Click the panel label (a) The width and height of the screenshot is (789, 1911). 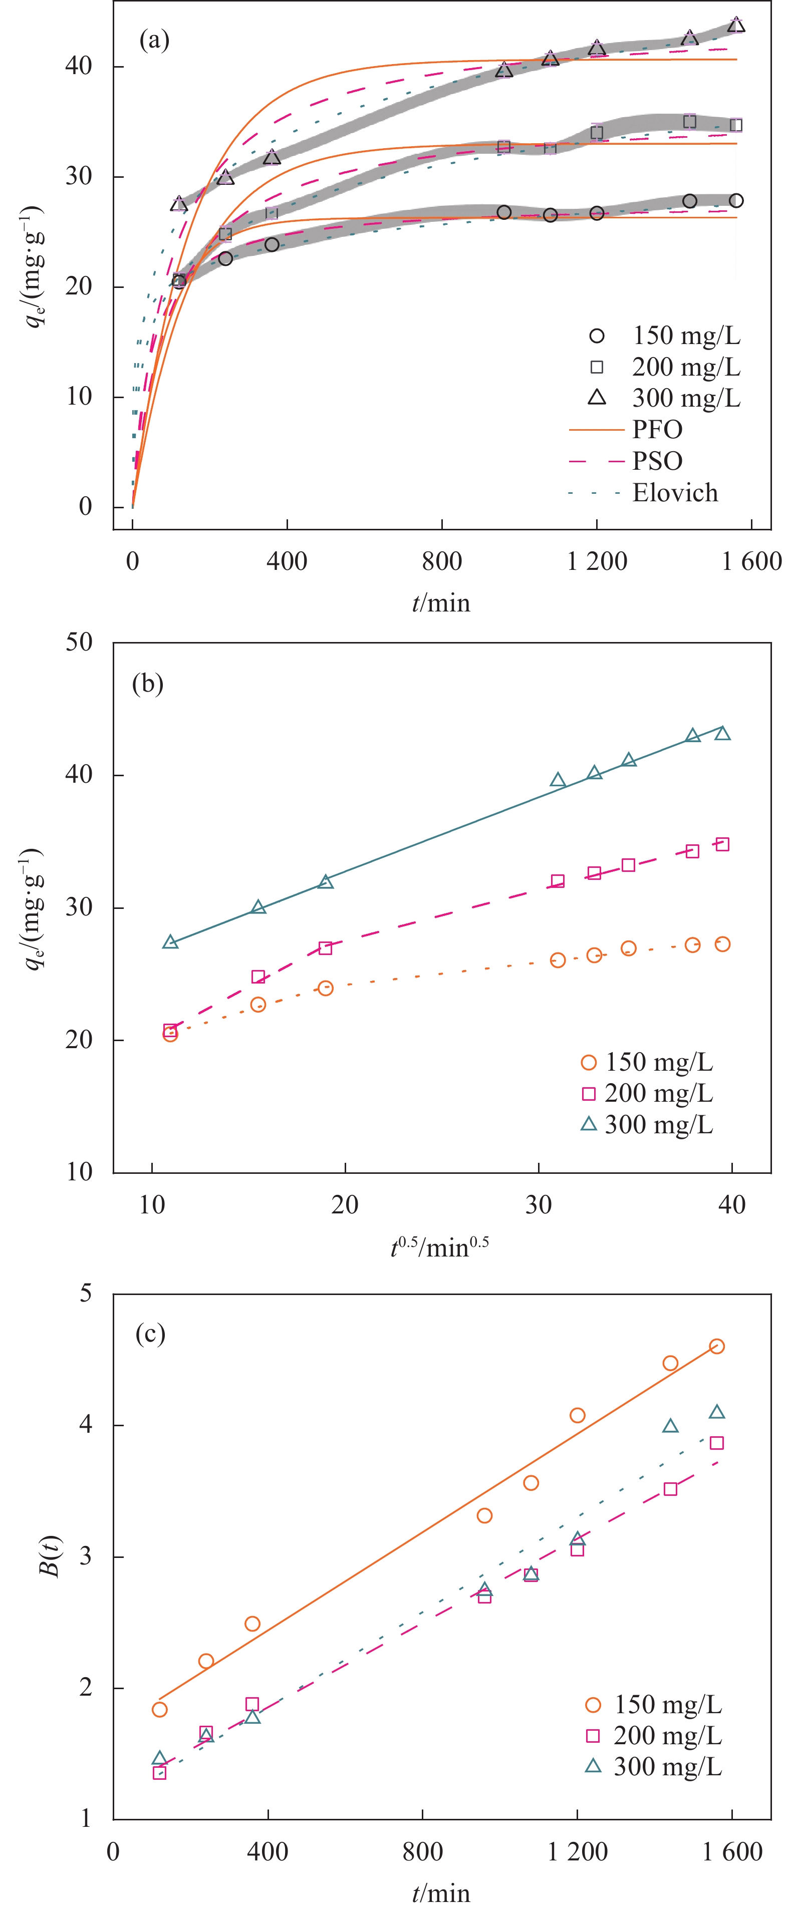coord(154,40)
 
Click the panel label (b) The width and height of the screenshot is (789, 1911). coord(147,683)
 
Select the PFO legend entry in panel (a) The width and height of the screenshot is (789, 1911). coord(657,430)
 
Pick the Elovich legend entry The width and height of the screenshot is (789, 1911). coord(675,493)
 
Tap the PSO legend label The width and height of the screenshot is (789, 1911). coord(657,461)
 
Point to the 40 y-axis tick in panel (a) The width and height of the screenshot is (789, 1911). coord(79,66)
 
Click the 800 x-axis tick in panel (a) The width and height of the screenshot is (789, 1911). coord(442,561)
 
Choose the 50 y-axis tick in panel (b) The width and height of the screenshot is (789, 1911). coord(79,643)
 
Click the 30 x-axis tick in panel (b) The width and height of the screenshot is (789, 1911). coord(538,1205)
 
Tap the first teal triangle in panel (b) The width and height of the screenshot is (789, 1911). coord(170,942)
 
